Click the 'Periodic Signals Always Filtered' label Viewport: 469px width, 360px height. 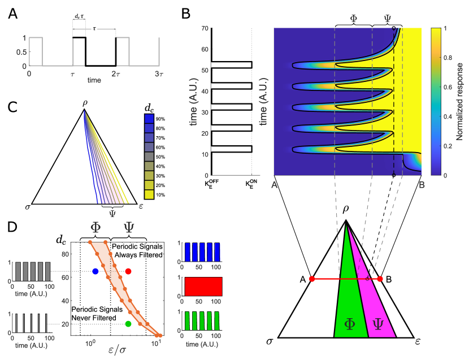(x=137, y=251)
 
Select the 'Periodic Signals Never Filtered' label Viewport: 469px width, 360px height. (x=94, y=314)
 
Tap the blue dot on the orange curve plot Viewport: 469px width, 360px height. (x=95, y=272)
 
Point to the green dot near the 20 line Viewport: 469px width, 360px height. (x=128, y=324)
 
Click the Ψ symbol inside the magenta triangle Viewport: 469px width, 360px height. (x=377, y=324)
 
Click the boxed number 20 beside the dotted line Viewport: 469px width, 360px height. (x=64, y=324)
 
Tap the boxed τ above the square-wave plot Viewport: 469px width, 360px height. (x=94, y=28)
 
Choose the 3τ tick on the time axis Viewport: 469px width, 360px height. (x=159, y=74)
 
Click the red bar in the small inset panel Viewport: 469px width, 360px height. (x=203, y=287)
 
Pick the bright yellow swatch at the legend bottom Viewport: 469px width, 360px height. (x=149, y=194)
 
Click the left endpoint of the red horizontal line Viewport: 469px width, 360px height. (x=312, y=279)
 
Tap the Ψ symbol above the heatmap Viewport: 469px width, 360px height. (x=387, y=18)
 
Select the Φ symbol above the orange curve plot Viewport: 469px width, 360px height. (x=96, y=227)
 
